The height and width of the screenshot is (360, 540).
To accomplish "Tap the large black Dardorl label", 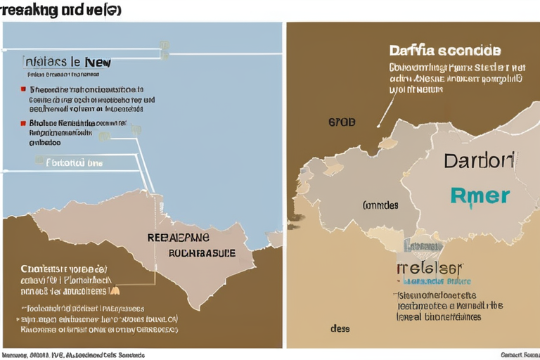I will (x=478, y=160).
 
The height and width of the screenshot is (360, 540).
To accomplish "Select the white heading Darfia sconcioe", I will (x=444, y=51).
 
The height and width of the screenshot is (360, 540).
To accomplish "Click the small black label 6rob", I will (x=342, y=122).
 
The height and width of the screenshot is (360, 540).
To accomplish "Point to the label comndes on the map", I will (x=380, y=205).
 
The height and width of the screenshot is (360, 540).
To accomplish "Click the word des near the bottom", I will (x=340, y=328).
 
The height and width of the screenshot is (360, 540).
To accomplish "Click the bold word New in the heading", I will (x=97, y=62).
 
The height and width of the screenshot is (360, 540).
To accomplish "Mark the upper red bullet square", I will (x=25, y=90).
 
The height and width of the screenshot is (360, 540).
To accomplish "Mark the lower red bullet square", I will (x=25, y=122).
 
